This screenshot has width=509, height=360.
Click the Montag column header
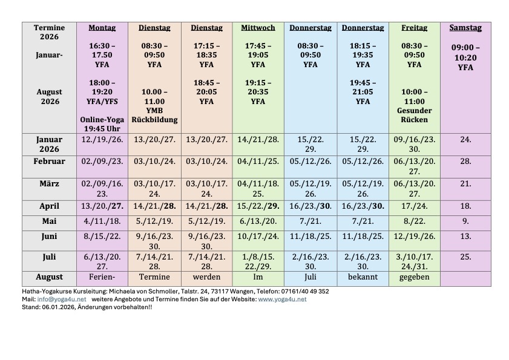coord(102,28)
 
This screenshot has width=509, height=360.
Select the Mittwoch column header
coord(258,28)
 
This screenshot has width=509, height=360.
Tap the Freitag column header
coord(414,28)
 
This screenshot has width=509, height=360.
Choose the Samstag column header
coord(465,28)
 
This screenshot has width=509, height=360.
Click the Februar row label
coord(49,161)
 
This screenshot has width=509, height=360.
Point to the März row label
coord(49,183)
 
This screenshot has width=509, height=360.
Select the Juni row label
coord(49,237)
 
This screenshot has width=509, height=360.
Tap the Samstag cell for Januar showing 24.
coord(465,139)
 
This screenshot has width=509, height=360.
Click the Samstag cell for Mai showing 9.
coord(465,221)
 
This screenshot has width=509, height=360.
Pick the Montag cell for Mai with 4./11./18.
coord(102,221)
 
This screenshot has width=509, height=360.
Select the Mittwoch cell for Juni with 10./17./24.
coord(258,237)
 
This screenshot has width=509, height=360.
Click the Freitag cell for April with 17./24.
coord(414,206)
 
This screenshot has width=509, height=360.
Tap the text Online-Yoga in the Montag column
coord(102,120)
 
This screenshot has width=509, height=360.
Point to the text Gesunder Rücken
coord(414,115)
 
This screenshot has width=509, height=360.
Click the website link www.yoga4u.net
coord(282,299)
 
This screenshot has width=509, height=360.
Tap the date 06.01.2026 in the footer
coord(55,307)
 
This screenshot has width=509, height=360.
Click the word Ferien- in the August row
coord(102,277)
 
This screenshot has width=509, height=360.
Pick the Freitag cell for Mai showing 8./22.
coord(414,221)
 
